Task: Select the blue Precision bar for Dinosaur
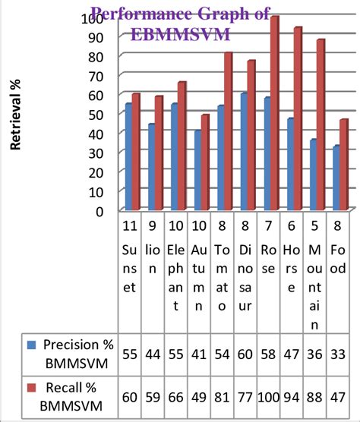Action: tap(244, 152)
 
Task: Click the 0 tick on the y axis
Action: tap(99, 211)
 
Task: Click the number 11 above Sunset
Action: tap(130, 225)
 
